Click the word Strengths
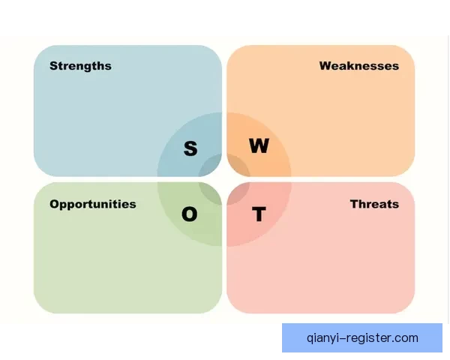pos(80,66)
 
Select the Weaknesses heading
pos(359,66)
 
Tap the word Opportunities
pos(93,205)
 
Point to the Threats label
pos(374,204)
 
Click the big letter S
pos(190,148)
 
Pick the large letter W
pos(259,145)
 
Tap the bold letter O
pos(190,214)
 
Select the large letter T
pos(259,214)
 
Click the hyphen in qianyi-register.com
pos(343,338)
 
